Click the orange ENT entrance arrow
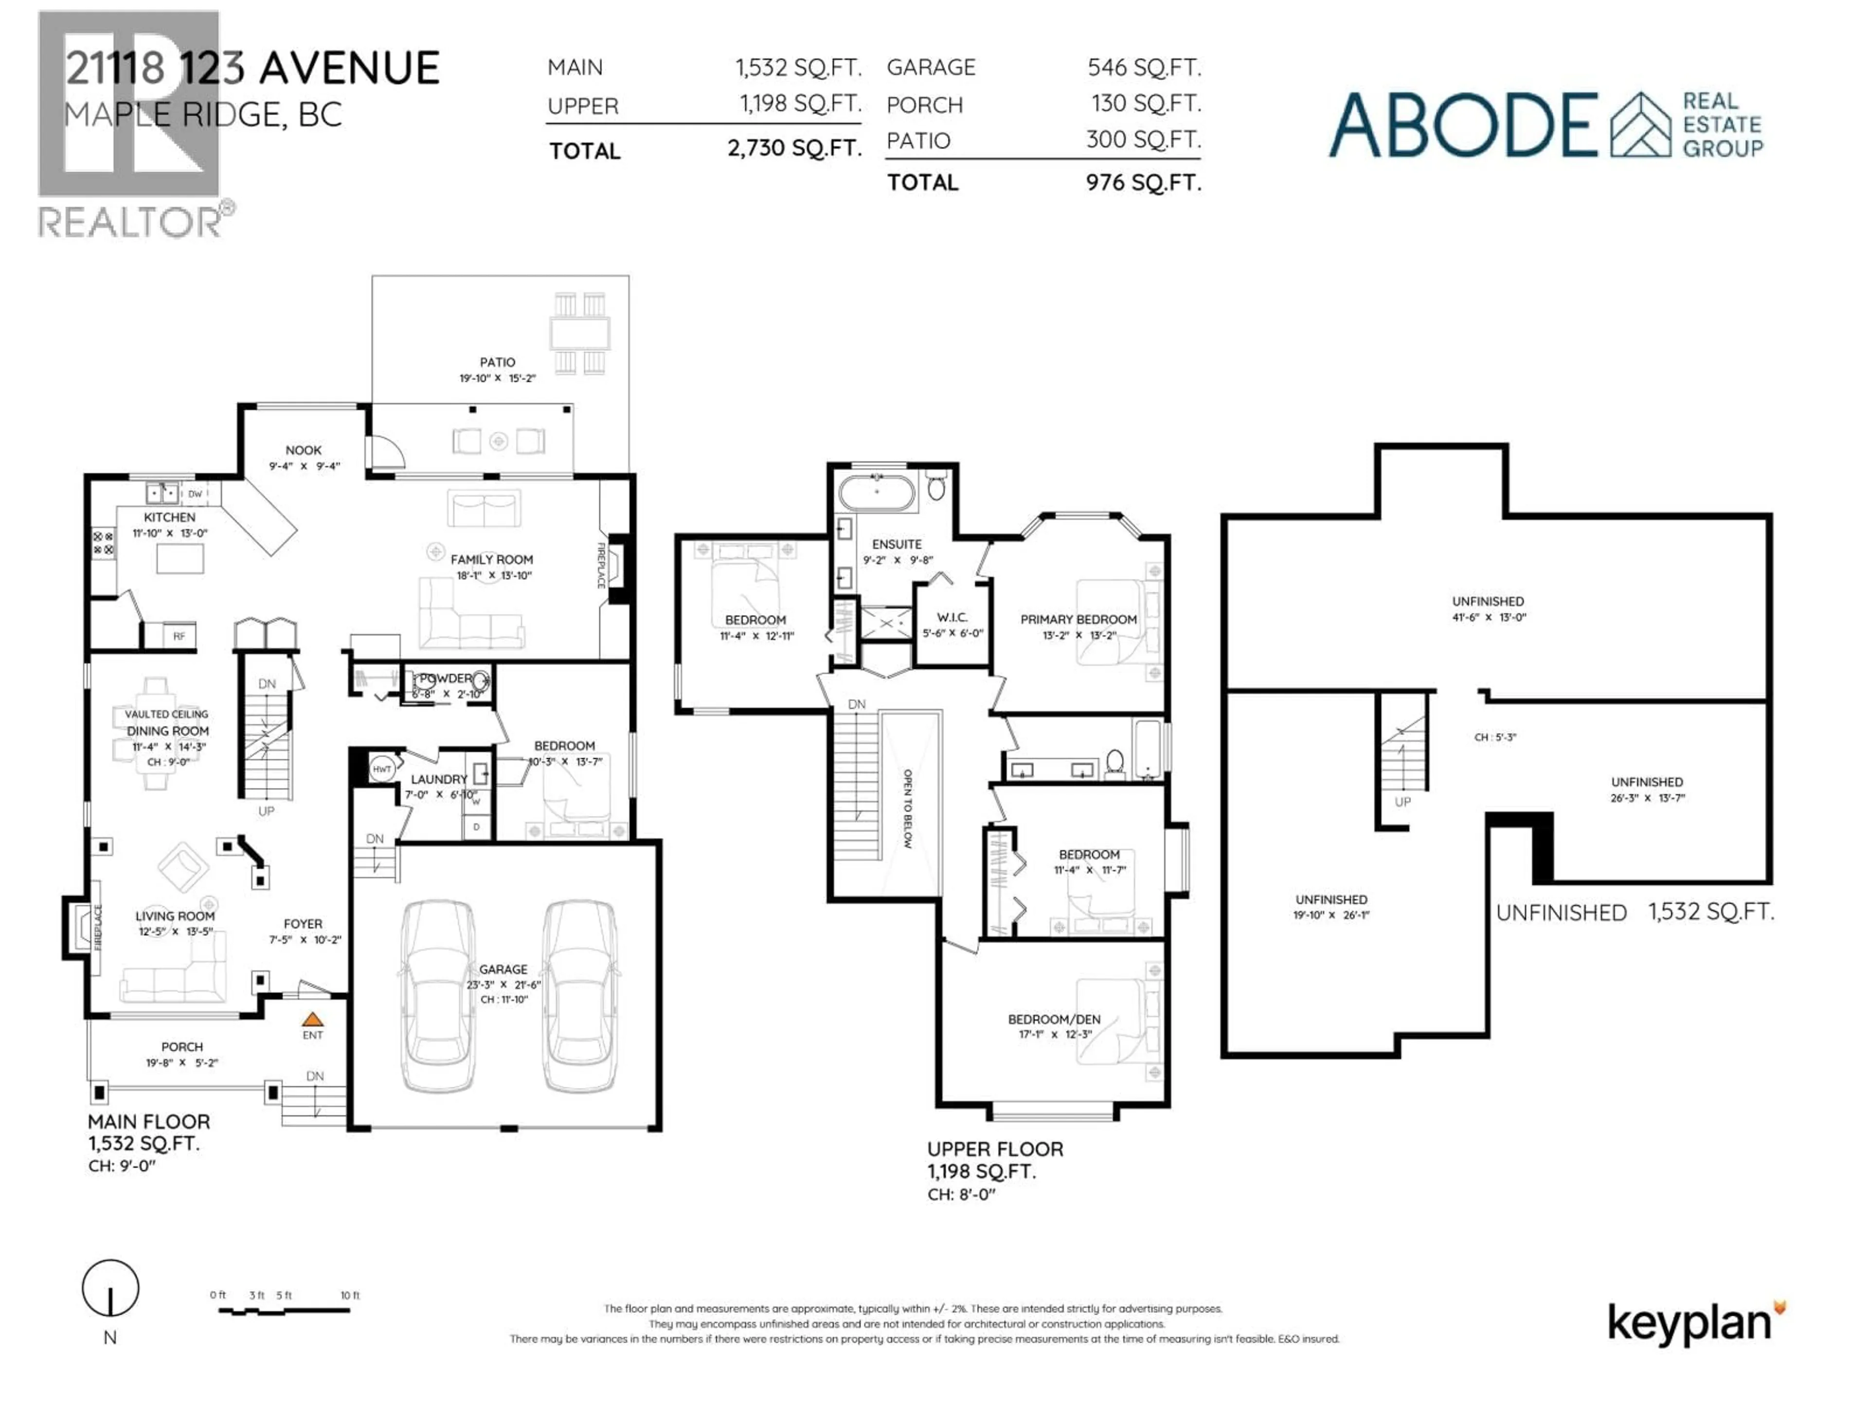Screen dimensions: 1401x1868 312,1019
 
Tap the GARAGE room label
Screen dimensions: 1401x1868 503,970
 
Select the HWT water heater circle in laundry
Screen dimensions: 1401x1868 382,769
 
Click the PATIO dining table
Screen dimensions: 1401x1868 580,333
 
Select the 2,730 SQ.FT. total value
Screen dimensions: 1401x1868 794,149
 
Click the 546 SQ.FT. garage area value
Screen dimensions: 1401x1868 1144,68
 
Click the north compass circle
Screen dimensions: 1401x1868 110,1288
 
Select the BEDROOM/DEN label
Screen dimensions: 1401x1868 1054,1019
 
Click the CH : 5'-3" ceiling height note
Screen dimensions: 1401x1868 1495,737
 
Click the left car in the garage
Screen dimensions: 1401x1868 437,996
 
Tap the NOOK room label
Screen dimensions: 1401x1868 303,450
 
